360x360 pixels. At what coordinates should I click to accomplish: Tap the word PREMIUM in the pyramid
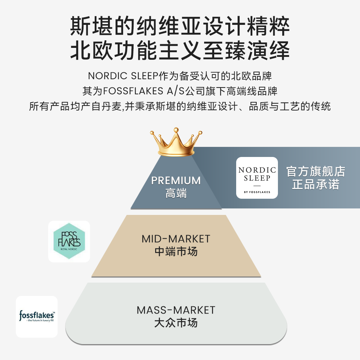pos(176,180)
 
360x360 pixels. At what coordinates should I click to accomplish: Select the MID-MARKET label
pos(176,239)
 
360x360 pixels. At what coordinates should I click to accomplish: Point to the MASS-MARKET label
pos(176,310)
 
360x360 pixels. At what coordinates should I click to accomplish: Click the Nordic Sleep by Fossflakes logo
pos(257,177)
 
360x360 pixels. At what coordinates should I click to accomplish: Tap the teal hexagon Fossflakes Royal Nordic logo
pos(69,240)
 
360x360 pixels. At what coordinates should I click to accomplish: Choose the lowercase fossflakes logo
pos(37,316)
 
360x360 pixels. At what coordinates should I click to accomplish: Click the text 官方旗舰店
pos(316,171)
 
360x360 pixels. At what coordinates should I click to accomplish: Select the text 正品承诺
pos(316,184)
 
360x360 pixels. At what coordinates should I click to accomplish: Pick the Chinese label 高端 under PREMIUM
pos(176,193)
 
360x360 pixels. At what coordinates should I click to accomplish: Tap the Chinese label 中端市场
pos(176,251)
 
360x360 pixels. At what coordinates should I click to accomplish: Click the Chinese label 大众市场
pos(176,323)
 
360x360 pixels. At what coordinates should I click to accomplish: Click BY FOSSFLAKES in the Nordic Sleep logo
pos(257,192)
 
